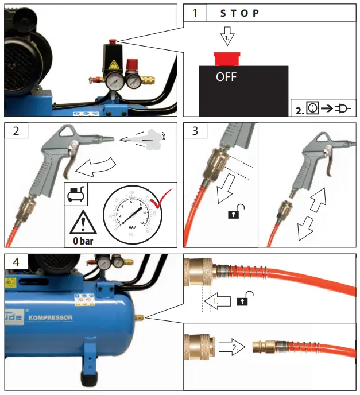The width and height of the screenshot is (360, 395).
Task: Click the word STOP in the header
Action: click(x=239, y=13)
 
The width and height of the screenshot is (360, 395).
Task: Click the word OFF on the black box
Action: click(x=226, y=77)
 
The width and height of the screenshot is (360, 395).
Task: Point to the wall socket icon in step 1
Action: click(x=312, y=108)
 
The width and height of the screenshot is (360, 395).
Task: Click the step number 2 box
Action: click(x=16, y=130)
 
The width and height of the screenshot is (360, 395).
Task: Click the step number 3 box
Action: click(x=196, y=131)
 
